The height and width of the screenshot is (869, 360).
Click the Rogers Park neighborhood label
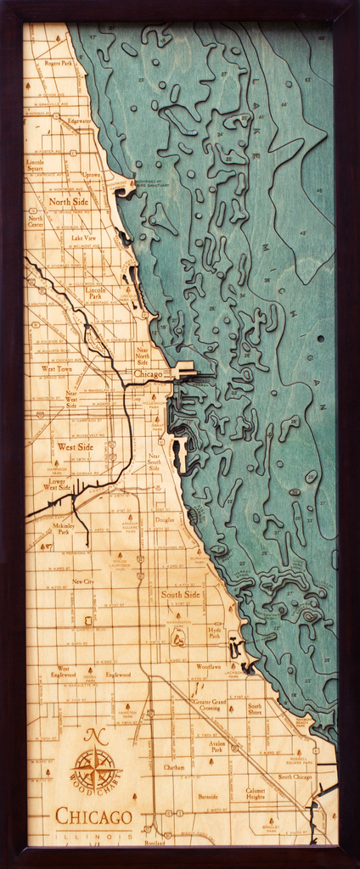[x=59, y=63]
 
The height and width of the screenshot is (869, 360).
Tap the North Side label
[x=68, y=202]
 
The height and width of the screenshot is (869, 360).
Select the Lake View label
[x=83, y=238]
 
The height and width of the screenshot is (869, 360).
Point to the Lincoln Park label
[x=96, y=294]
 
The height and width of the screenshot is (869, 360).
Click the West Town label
[x=57, y=369]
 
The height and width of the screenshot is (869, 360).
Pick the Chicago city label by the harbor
[x=148, y=373]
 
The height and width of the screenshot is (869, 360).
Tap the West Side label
[x=76, y=446]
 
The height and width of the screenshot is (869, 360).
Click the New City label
[x=83, y=581]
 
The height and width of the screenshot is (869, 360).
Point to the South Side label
[x=180, y=595]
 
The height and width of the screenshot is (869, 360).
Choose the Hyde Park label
[x=215, y=632]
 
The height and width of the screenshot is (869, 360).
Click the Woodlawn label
[x=209, y=666]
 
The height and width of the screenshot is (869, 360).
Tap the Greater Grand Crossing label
[x=209, y=705]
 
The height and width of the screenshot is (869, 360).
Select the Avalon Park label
[x=217, y=747]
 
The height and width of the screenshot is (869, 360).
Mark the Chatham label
[x=174, y=767]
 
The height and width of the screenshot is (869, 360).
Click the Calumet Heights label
[x=256, y=793]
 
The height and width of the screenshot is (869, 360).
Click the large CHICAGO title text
[x=93, y=817]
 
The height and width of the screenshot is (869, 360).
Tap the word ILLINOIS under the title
[x=93, y=836]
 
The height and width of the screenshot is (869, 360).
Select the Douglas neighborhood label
[x=165, y=519]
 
